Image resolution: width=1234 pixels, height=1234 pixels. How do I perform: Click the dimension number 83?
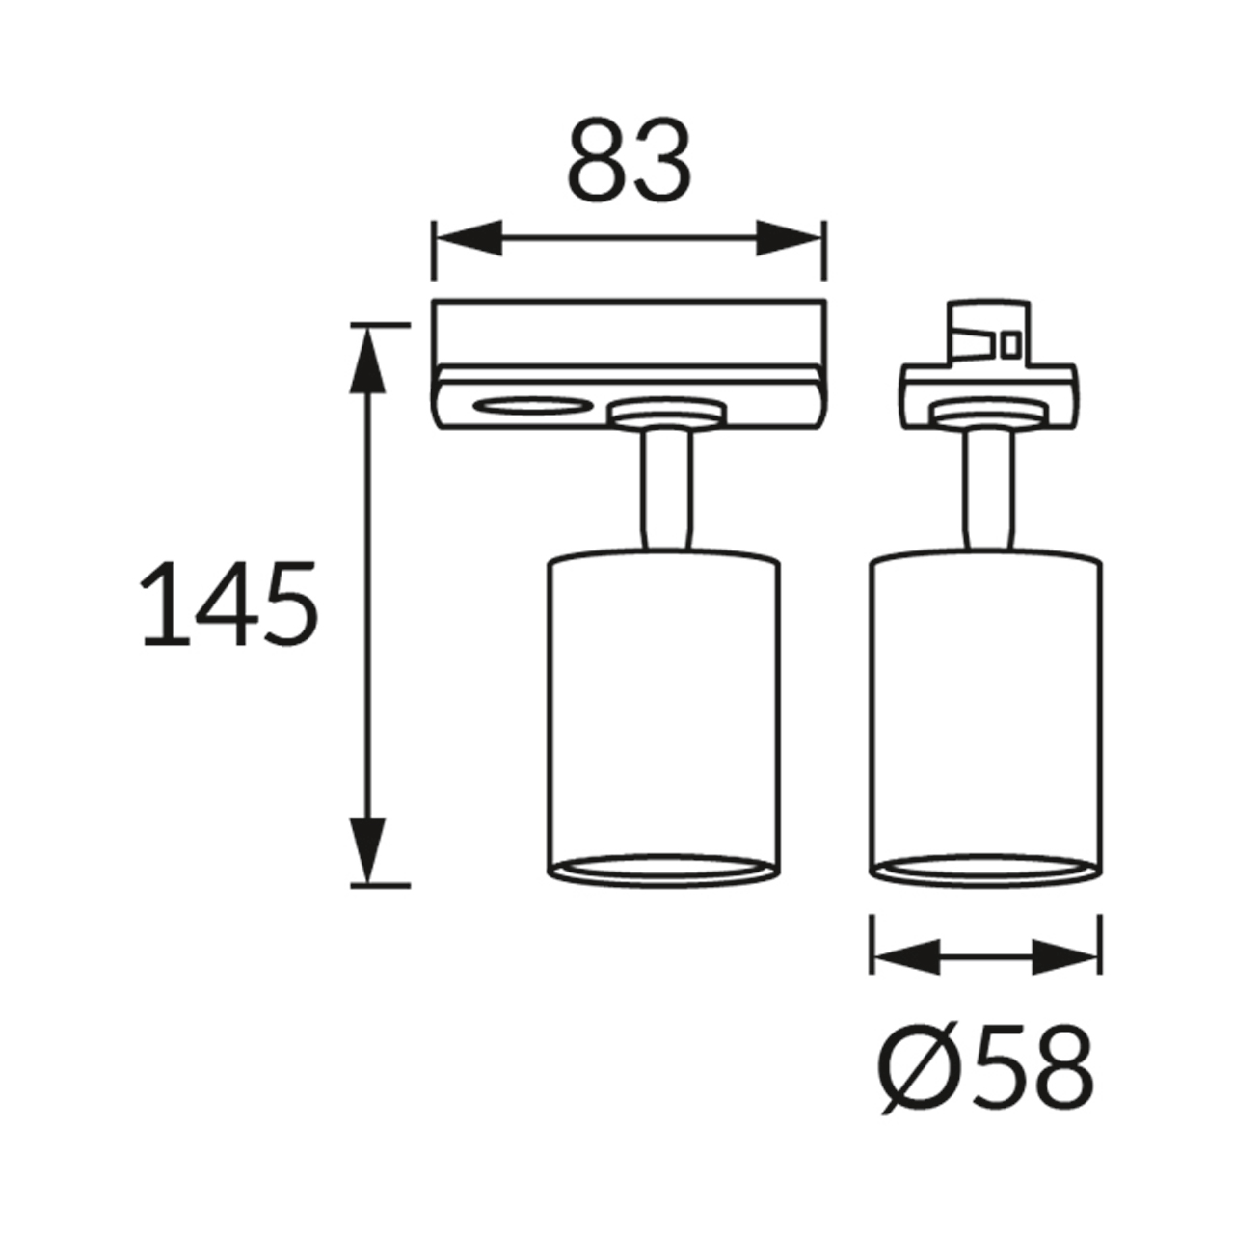pyautogui.click(x=629, y=158)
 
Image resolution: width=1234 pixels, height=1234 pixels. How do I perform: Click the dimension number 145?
pyautogui.click(x=228, y=604)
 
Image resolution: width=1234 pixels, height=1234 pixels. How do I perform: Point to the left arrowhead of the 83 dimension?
pyautogui.click(x=469, y=238)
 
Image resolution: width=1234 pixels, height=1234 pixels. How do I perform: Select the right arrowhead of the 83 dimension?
pyautogui.click(x=789, y=238)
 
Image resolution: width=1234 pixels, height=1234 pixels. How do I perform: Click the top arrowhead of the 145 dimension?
pyautogui.click(x=367, y=360)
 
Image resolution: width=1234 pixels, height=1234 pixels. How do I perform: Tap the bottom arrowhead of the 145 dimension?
pyautogui.click(x=367, y=851)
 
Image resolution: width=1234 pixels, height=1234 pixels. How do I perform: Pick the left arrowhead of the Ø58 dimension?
pyautogui.click(x=907, y=976)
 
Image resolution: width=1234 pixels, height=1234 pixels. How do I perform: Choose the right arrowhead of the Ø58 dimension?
pyautogui.click(x=1065, y=976)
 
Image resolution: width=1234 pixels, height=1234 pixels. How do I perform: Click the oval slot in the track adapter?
pyautogui.click(x=531, y=405)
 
